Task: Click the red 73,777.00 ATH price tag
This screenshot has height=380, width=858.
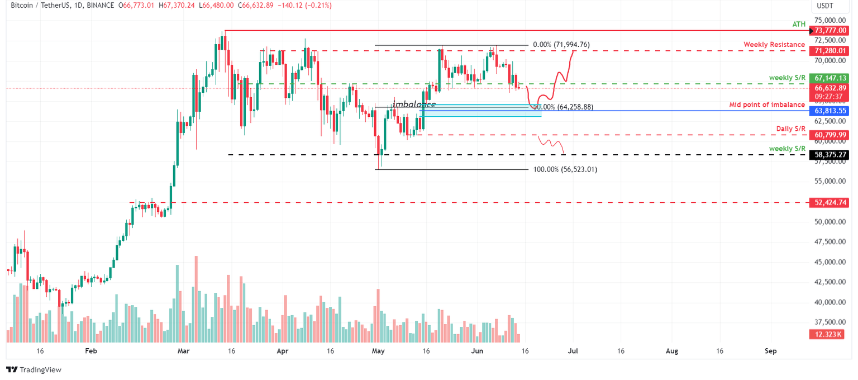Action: tap(830, 30)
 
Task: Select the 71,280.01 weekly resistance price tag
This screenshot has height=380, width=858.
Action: tap(830, 50)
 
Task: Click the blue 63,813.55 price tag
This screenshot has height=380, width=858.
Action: tap(830, 111)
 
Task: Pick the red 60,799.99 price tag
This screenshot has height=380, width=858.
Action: tap(830, 135)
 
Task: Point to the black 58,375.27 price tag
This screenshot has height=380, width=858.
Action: tap(830, 154)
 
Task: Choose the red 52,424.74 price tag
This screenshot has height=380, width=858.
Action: tap(830, 202)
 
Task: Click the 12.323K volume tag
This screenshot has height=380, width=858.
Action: tap(830, 334)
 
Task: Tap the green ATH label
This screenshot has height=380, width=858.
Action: tap(799, 25)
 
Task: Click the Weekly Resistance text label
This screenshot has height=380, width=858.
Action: tap(774, 45)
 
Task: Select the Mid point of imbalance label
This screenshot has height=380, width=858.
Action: tap(768, 104)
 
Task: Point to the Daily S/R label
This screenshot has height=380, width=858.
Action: tap(790, 129)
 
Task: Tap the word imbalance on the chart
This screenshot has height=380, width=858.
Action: tap(413, 104)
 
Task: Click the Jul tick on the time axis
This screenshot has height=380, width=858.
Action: tap(573, 351)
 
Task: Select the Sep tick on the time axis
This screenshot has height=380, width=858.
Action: tap(770, 351)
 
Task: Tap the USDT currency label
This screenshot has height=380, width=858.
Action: tap(824, 6)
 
